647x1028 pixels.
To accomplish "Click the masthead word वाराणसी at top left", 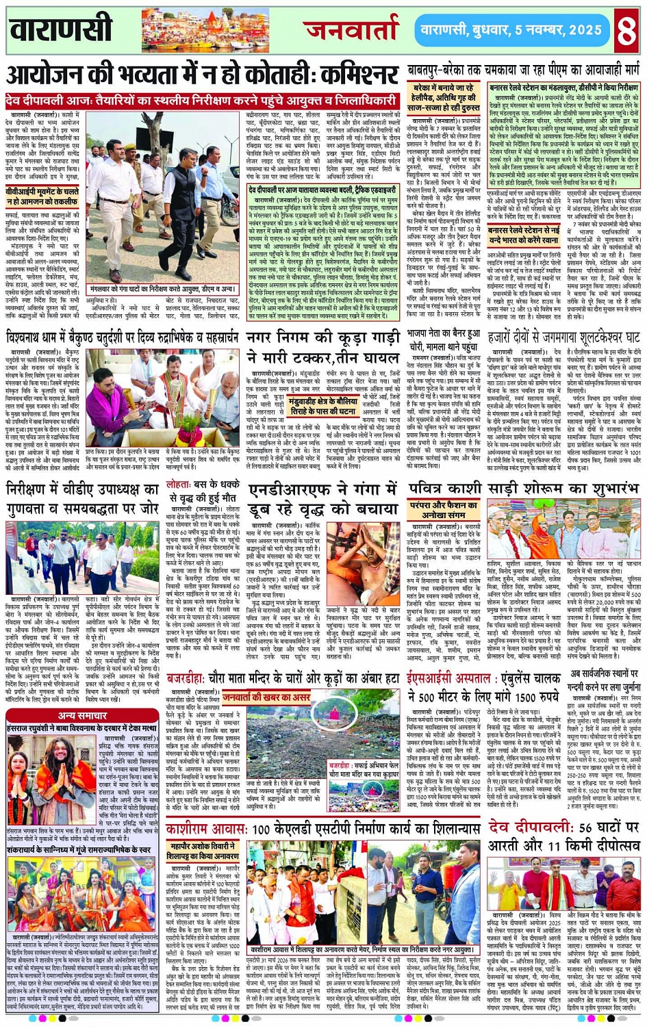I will click(x=61, y=29).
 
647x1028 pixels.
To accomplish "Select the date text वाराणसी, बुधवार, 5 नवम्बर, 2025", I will click(x=511, y=30).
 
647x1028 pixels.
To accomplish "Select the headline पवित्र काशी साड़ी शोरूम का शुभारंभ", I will click(x=524, y=489).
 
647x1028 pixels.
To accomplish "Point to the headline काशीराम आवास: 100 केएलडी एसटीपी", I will click(x=322, y=829).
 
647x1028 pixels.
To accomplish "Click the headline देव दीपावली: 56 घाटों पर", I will click(x=564, y=827).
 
